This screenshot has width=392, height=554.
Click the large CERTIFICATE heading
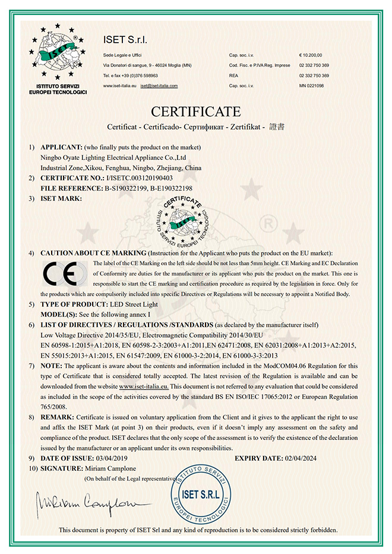[x=196, y=112]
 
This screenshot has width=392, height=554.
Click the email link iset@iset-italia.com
[x=159, y=86]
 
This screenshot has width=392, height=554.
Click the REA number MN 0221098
[x=312, y=86]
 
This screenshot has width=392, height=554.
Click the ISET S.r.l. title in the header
[x=125, y=40]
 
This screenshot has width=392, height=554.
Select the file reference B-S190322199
[x=128, y=188]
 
